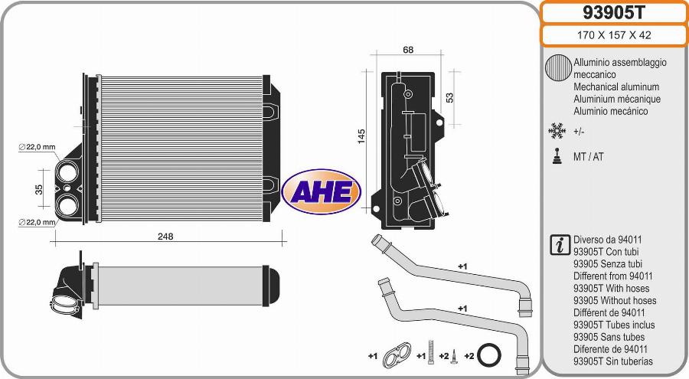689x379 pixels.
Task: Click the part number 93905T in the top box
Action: click(613, 13)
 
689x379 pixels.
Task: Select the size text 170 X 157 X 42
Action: click(614, 35)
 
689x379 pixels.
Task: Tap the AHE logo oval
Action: click(322, 191)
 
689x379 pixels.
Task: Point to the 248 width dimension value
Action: click(165, 237)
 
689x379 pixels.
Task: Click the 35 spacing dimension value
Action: click(39, 190)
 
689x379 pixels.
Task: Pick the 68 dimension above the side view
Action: click(408, 50)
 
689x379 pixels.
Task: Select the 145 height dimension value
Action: click(361, 136)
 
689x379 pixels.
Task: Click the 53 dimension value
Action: click(449, 97)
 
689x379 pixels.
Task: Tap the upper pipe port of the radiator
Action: click(67, 172)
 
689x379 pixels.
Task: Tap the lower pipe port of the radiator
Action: click(67, 205)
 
